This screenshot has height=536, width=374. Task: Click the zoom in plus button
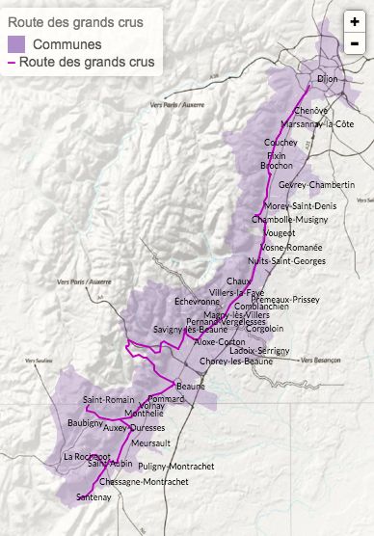[x=355, y=21]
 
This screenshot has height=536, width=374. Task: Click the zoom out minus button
[x=355, y=43]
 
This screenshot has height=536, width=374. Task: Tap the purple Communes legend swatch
[x=17, y=44]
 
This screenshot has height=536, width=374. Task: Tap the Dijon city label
[x=331, y=81]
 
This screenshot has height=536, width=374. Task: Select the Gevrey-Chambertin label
[x=316, y=184]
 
